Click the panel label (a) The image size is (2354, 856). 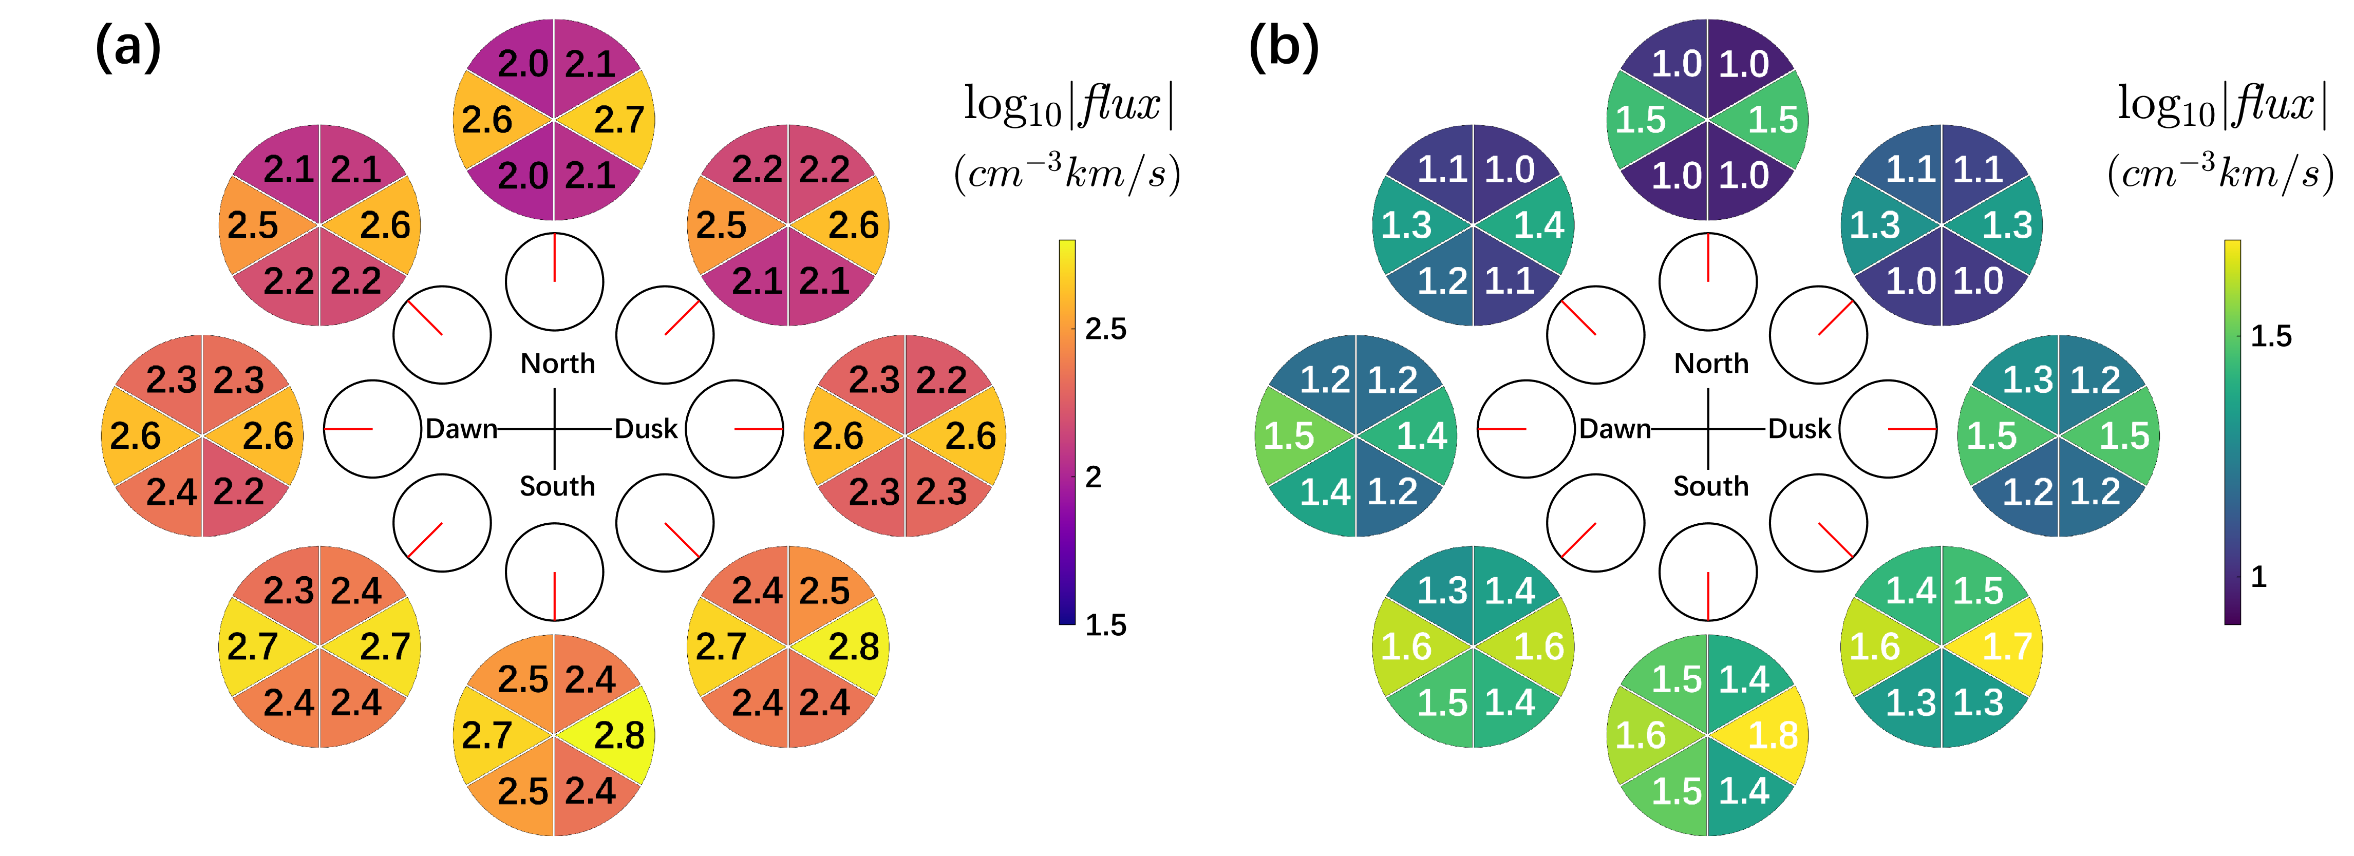[x=128, y=48]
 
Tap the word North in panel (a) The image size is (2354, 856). [x=557, y=364]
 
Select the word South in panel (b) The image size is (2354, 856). [x=1711, y=486]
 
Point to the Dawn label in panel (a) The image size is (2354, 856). [x=461, y=428]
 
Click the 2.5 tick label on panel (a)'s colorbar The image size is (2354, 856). [x=1106, y=329]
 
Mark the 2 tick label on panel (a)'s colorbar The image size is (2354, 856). [x=1093, y=477]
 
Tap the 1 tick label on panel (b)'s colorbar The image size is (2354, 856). [x=2258, y=577]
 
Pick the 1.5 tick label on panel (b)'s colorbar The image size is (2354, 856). [x=2271, y=336]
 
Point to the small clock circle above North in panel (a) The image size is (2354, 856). [x=555, y=281]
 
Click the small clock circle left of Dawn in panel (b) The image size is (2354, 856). [x=1525, y=428]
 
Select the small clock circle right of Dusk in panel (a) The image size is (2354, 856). [x=735, y=428]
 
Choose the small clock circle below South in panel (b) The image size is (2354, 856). [x=1708, y=572]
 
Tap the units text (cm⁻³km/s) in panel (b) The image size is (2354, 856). [x=2220, y=172]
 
